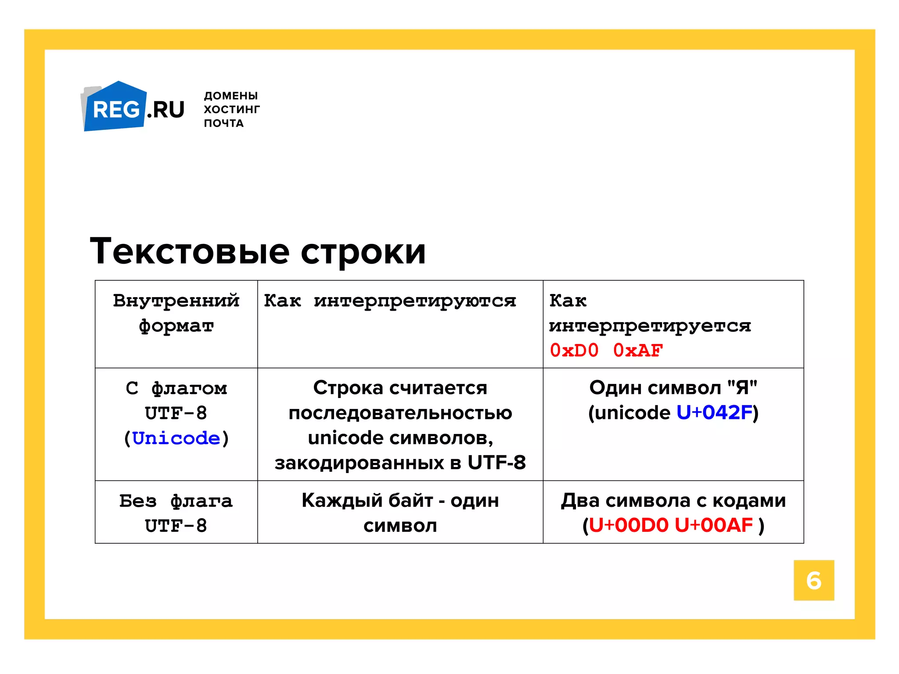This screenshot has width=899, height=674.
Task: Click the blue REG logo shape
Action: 115,108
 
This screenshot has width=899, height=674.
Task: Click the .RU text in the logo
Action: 166,110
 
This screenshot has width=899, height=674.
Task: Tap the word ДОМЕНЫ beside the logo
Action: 231,96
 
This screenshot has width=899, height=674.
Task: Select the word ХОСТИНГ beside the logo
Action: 232,109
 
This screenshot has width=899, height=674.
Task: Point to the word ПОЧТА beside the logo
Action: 224,123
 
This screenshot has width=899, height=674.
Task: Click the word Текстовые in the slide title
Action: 190,251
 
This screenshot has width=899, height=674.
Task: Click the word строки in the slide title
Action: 363,251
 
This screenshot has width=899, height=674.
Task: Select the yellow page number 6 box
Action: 813,580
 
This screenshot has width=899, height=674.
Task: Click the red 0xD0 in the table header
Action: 574,351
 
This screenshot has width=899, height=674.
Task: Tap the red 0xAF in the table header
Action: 638,351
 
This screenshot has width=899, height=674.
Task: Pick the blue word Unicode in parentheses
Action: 176,438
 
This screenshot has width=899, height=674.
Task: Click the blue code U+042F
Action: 714,413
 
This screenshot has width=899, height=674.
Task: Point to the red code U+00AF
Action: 714,525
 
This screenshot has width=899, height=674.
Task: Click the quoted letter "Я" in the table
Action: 742,388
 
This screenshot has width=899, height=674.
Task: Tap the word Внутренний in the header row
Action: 176,301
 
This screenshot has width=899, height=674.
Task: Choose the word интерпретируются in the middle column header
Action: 415,301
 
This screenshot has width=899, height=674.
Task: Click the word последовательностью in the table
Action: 400,413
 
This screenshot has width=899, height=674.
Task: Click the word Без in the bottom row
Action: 138,501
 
